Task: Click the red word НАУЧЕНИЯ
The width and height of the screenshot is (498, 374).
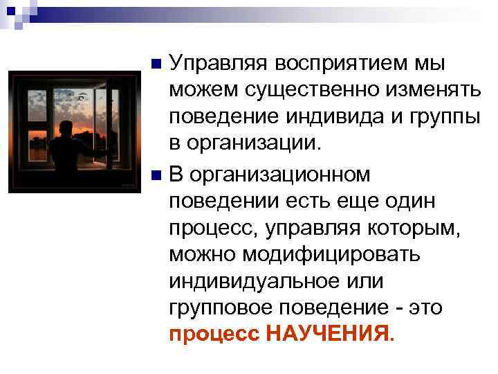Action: click(x=329, y=335)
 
